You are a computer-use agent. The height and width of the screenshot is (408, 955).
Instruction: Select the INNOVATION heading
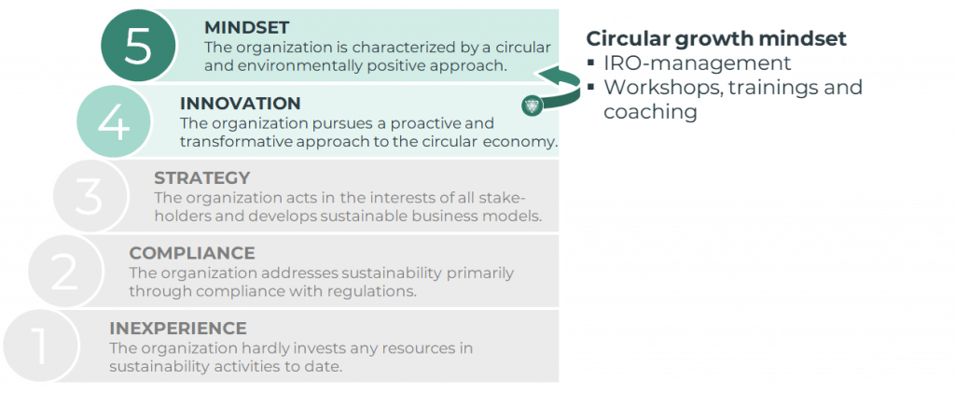240,104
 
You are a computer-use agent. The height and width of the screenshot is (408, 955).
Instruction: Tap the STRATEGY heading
201,177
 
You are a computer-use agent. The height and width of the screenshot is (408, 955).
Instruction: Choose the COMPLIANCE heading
191,253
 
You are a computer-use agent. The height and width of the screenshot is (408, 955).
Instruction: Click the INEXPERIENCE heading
177,328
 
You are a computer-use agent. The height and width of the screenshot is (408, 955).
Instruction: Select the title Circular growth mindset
716,39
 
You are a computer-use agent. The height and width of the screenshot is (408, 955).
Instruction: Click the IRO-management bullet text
698,63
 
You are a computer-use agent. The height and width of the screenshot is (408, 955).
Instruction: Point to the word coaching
650,111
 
